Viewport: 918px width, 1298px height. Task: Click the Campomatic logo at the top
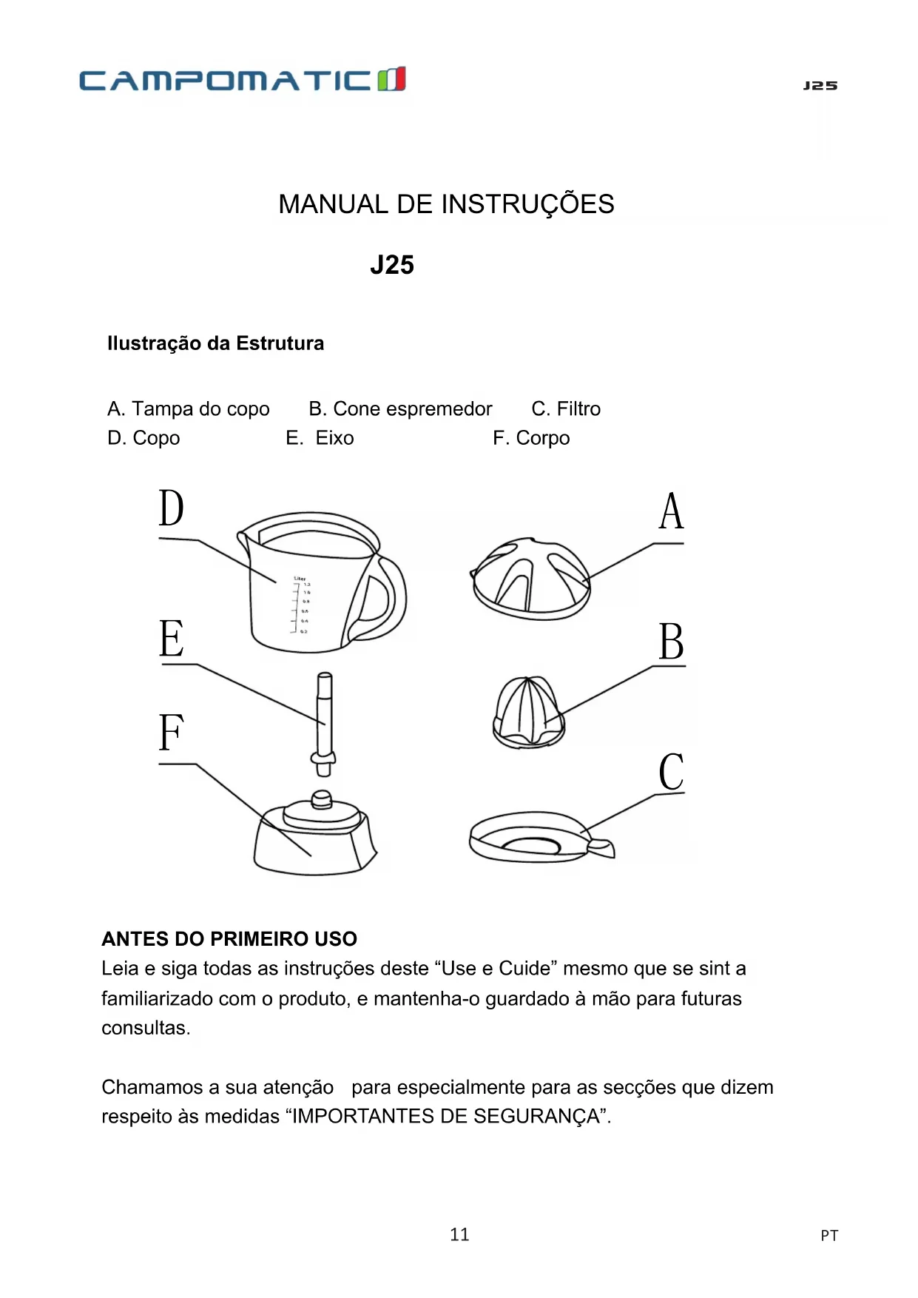242,79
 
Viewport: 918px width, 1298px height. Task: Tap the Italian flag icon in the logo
392,78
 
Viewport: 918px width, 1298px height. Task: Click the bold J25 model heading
392,265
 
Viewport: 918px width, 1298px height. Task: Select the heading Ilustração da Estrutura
215,343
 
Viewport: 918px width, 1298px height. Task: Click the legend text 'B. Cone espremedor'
400,408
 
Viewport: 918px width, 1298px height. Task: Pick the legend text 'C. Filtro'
566,408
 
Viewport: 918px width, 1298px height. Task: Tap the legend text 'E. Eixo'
320,438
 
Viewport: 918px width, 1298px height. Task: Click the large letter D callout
172,508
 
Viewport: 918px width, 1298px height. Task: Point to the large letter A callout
672,511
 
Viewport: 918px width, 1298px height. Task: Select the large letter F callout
171,732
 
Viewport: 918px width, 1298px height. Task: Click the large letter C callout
671,772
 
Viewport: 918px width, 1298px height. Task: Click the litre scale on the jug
302,606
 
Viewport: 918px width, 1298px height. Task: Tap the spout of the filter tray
601,847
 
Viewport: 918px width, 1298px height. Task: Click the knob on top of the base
322,799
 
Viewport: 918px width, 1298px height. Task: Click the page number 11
459,1234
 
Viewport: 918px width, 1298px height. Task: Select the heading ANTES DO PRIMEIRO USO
229,939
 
